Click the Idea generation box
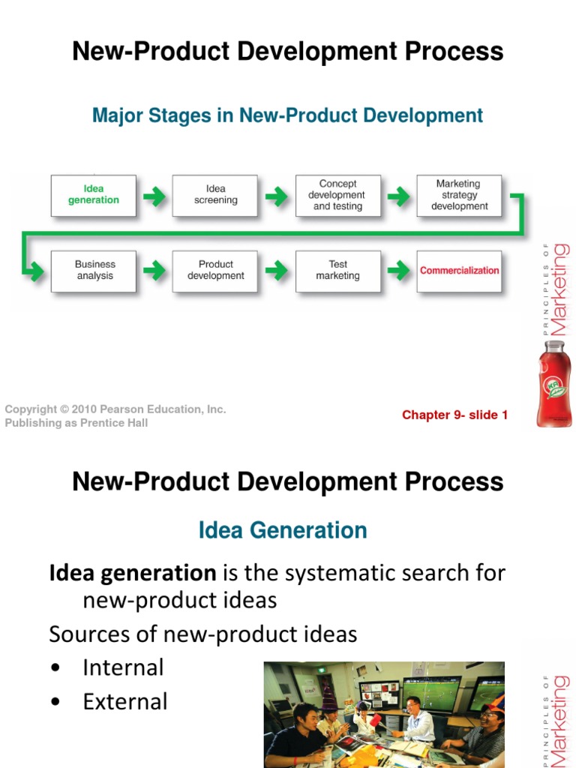click(x=94, y=196)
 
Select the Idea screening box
click(x=215, y=196)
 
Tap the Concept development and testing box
click(x=337, y=196)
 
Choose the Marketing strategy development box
click(x=460, y=196)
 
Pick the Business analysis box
click(x=94, y=271)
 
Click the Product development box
click(x=215, y=271)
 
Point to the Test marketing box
click(x=337, y=271)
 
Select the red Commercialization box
click(x=460, y=271)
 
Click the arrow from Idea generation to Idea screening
click(x=154, y=197)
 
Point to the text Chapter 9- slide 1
click(x=454, y=415)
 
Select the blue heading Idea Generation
click(x=283, y=530)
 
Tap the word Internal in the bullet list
click(x=123, y=667)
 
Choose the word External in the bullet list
click(x=125, y=702)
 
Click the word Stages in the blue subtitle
click(x=197, y=115)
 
